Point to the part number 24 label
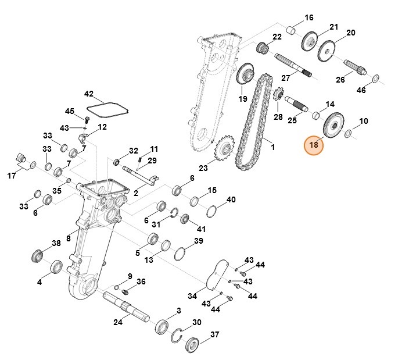click(117, 322)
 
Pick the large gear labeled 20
click(332, 49)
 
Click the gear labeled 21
click(310, 41)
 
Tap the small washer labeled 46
click(375, 78)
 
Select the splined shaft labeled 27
click(294, 65)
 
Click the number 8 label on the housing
click(69, 238)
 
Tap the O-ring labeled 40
click(213, 211)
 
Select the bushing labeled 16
click(293, 29)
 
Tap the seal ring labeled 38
click(39, 255)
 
